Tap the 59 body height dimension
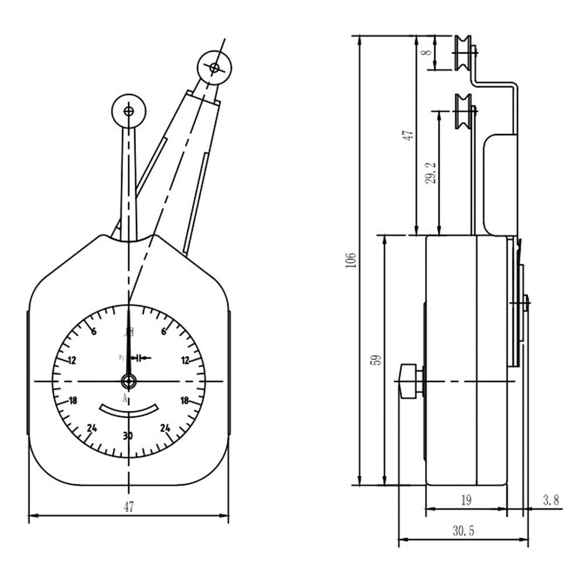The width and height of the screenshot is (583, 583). [x=376, y=360]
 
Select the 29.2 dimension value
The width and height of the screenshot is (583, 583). [x=431, y=173]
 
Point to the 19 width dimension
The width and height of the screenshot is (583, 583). [x=466, y=500]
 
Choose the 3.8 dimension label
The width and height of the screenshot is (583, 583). [x=550, y=500]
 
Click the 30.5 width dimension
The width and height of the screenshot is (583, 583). [x=463, y=531]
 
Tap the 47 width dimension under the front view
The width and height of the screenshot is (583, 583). [x=129, y=507]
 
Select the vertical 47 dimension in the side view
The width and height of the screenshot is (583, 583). [x=409, y=135]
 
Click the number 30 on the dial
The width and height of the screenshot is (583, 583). [x=129, y=436]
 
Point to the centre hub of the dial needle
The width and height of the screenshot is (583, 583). [x=128, y=382]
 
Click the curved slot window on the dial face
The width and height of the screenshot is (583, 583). [x=129, y=410]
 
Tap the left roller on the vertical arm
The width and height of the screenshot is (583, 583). [x=128, y=111]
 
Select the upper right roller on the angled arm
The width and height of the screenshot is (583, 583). [x=214, y=68]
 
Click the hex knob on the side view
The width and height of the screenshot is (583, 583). [x=409, y=381]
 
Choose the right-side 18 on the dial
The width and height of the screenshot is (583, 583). [x=185, y=401]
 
